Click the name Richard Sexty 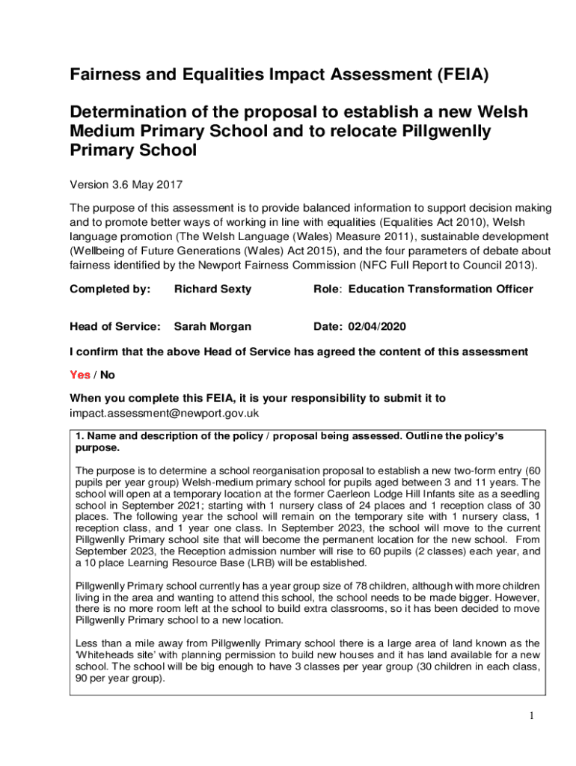212,289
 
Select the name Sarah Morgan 212,326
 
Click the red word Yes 80,375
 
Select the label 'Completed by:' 110,289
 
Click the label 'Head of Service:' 115,326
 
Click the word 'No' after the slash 108,375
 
